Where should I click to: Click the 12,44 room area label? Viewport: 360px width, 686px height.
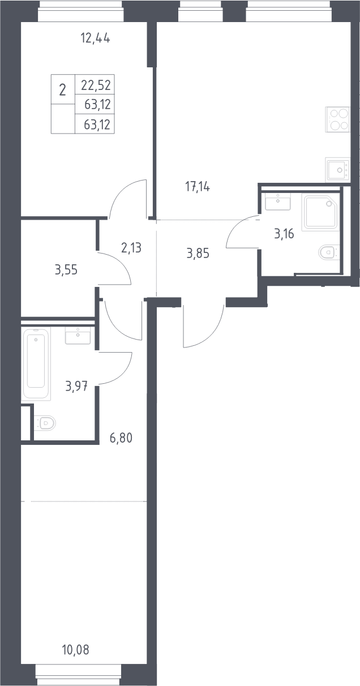point(95,39)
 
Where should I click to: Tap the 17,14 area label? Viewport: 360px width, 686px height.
point(198,186)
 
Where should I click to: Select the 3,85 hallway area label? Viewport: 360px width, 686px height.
point(198,254)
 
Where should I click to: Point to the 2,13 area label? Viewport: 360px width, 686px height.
point(131,248)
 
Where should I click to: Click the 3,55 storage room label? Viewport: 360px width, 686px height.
point(66,270)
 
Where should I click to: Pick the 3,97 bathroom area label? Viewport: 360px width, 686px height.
point(76,386)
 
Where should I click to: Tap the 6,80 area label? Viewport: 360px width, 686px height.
point(121,438)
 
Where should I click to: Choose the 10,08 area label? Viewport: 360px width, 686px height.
point(76,649)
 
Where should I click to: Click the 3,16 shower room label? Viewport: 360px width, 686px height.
point(284,234)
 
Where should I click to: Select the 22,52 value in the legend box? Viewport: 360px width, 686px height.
point(96,85)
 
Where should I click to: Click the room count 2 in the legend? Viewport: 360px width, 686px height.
point(62,91)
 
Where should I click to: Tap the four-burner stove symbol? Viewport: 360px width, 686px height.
point(337,119)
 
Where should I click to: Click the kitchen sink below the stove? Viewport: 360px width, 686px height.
point(337,169)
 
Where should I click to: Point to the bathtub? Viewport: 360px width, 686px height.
point(36,364)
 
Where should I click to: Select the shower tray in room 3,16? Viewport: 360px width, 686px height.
point(320,212)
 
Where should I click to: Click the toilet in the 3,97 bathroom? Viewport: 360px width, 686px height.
point(45,423)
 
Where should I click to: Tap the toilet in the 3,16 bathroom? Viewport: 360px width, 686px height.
point(329,252)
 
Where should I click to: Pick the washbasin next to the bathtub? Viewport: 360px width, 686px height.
point(78,335)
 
